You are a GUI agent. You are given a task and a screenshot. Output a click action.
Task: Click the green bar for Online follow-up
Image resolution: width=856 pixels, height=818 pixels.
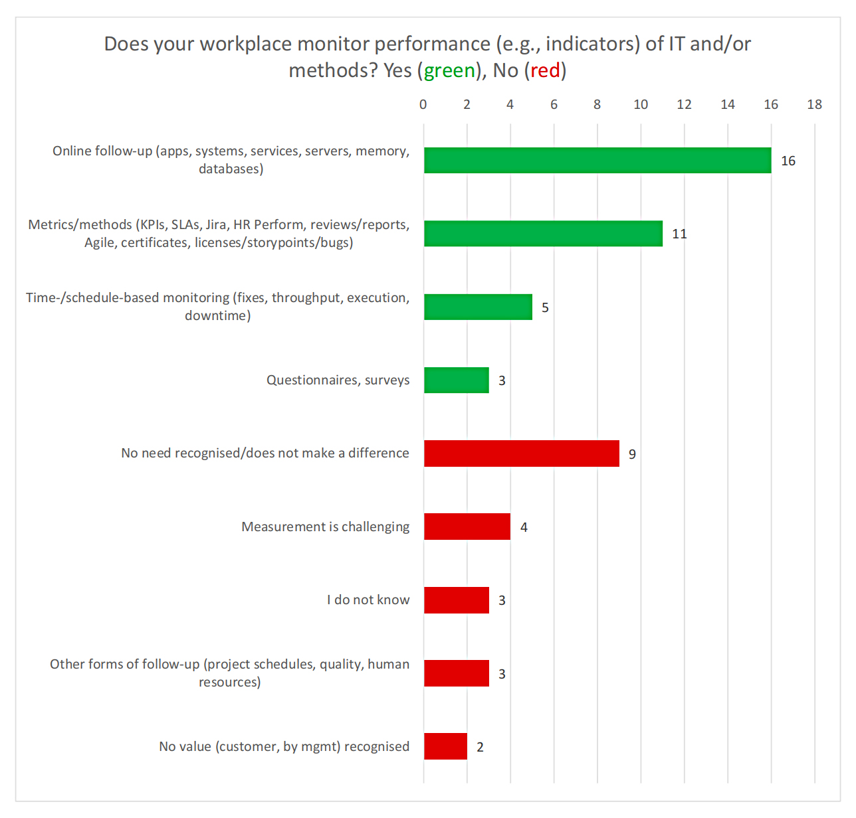coord(597,161)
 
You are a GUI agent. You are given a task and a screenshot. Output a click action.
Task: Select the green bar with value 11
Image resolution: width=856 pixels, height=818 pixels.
coord(543,234)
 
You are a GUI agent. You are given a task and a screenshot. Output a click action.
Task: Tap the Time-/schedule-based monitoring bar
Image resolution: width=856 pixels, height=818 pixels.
coord(478,307)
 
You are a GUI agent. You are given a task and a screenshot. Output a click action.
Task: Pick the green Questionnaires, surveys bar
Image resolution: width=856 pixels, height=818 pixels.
coord(457,380)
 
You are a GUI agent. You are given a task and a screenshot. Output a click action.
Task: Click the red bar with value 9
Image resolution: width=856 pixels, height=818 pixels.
coord(522,453)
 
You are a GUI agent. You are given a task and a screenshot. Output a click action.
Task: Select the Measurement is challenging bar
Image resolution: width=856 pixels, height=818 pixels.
coord(467,527)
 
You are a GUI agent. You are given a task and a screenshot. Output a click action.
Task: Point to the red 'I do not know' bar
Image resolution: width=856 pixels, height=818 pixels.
coord(457,600)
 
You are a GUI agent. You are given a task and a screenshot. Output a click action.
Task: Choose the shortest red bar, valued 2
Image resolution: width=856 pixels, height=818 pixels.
coord(445,746)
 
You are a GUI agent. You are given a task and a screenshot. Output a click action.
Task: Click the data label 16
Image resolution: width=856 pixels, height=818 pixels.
coord(788,161)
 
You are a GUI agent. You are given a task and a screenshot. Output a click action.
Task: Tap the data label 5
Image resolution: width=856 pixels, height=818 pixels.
coord(545,307)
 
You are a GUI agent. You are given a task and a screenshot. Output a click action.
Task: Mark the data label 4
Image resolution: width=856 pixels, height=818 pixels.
coord(524,527)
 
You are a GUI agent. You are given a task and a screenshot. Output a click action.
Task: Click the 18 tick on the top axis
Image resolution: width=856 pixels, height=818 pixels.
coord(814,104)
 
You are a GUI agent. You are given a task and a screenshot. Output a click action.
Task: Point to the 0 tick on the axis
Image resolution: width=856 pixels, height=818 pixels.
coord(423,104)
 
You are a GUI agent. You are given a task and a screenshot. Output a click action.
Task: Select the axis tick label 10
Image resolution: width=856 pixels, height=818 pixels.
coord(641,104)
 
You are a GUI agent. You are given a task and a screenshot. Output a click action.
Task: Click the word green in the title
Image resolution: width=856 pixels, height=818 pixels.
coord(449,70)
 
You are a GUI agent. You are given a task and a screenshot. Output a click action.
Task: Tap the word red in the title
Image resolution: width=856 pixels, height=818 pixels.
coord(545,70)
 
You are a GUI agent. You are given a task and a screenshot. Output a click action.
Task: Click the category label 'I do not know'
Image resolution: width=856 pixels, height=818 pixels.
coord(368,600)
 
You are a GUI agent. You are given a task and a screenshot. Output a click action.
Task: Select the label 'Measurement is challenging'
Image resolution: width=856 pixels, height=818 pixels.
coord(326,527)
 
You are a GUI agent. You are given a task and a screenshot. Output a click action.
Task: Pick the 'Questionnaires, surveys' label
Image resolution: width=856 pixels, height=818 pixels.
coord(338,380)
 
